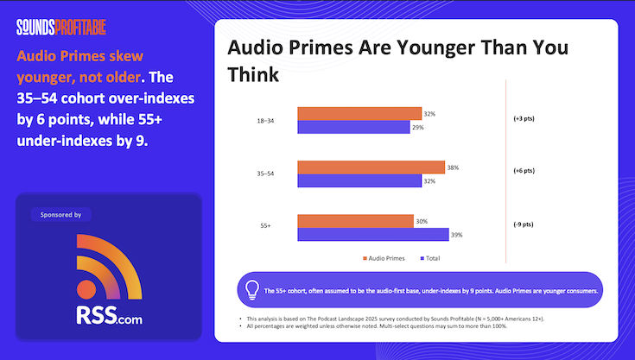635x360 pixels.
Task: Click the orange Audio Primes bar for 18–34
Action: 359,113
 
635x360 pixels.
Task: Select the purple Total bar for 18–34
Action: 353,127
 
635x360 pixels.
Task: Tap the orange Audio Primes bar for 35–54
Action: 371,167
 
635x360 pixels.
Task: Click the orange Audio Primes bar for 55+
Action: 355,221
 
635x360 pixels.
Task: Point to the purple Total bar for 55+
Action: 372,235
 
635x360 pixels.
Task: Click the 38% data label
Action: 453,167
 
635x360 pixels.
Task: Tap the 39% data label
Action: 457,235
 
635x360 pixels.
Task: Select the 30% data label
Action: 422,221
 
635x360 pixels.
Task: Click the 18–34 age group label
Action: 256,121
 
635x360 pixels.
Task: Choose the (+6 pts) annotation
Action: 524,171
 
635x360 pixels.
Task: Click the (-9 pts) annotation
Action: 524,224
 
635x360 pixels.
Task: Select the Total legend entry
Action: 429,257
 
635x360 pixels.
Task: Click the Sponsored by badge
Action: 60,214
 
